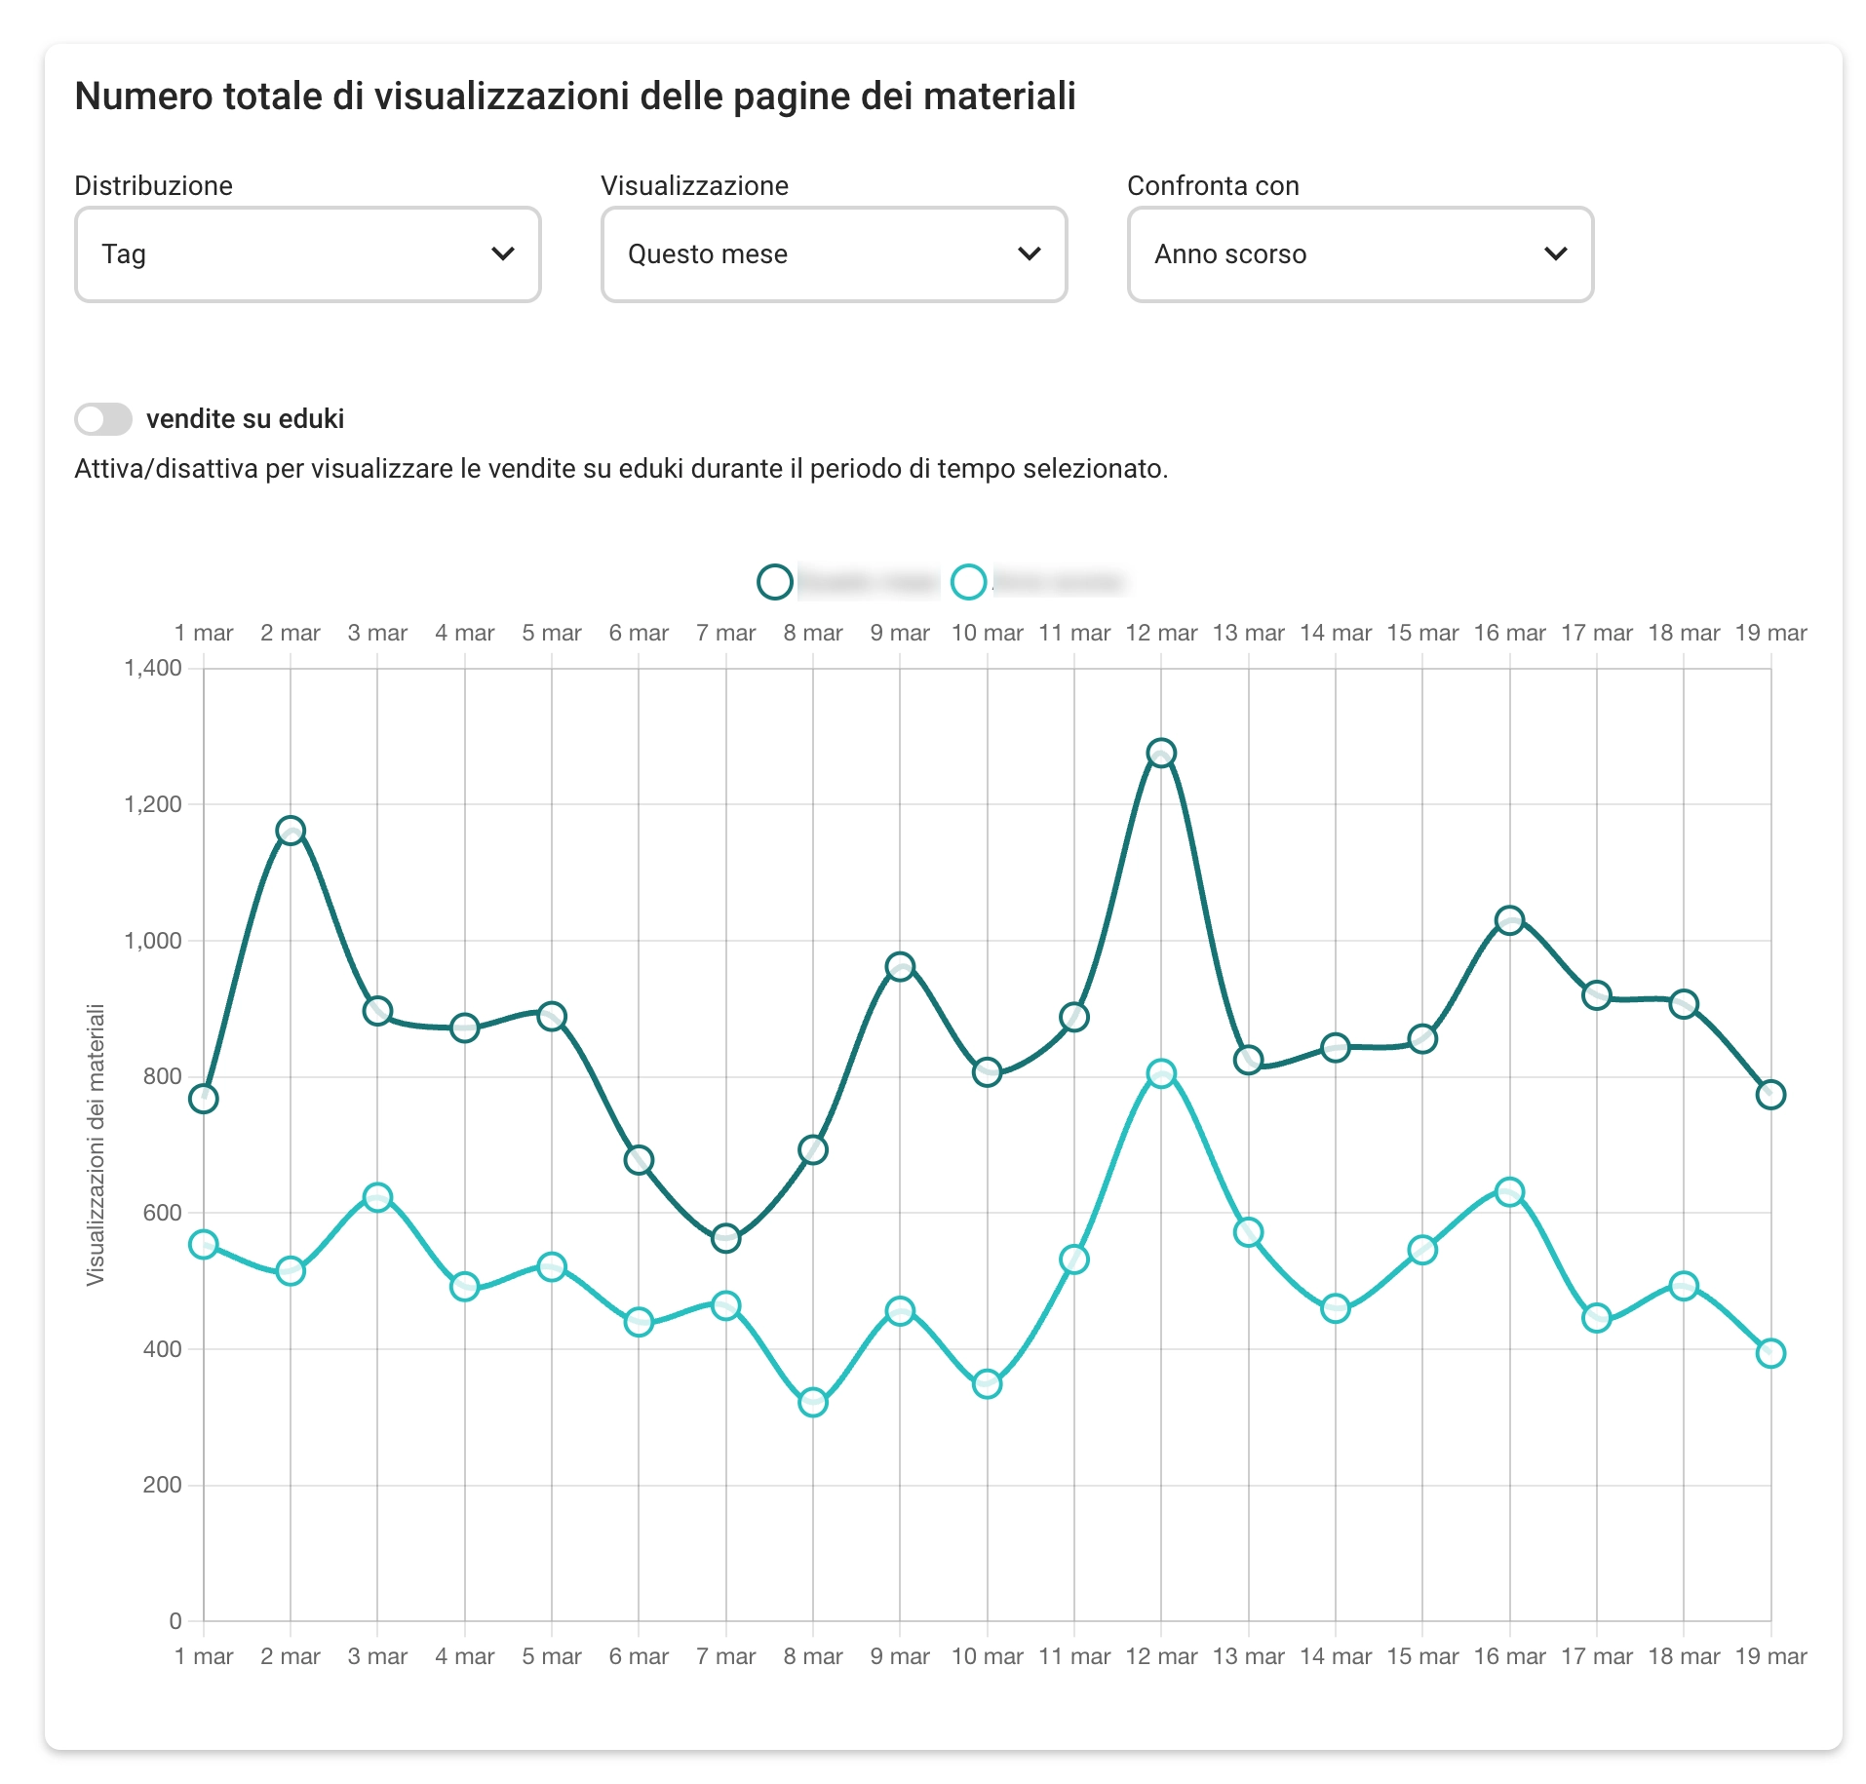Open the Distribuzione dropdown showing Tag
click(307, 254)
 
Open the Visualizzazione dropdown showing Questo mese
click(834, 254)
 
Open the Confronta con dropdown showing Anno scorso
click(1360, 254)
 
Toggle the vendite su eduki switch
click(103, 419)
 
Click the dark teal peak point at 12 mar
click(1161, 753)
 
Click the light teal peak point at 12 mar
click(1161, 1073)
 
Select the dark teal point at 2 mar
click(291, 831)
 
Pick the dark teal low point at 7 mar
click(726, 1239)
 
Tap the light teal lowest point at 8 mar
click(813, 1403)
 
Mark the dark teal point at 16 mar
click(1510, 920)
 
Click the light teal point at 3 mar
click(377, 1197)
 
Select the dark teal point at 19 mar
click(1771, 1095)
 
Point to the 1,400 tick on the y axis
click(153, 668)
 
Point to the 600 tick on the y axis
click(162, 1213)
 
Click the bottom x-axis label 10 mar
click(987, 1656)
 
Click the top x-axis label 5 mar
click(552, 633)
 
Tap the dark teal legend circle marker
click(775, 582)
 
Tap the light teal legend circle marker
click(968, 582)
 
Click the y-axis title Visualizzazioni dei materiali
click(96, 1144)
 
